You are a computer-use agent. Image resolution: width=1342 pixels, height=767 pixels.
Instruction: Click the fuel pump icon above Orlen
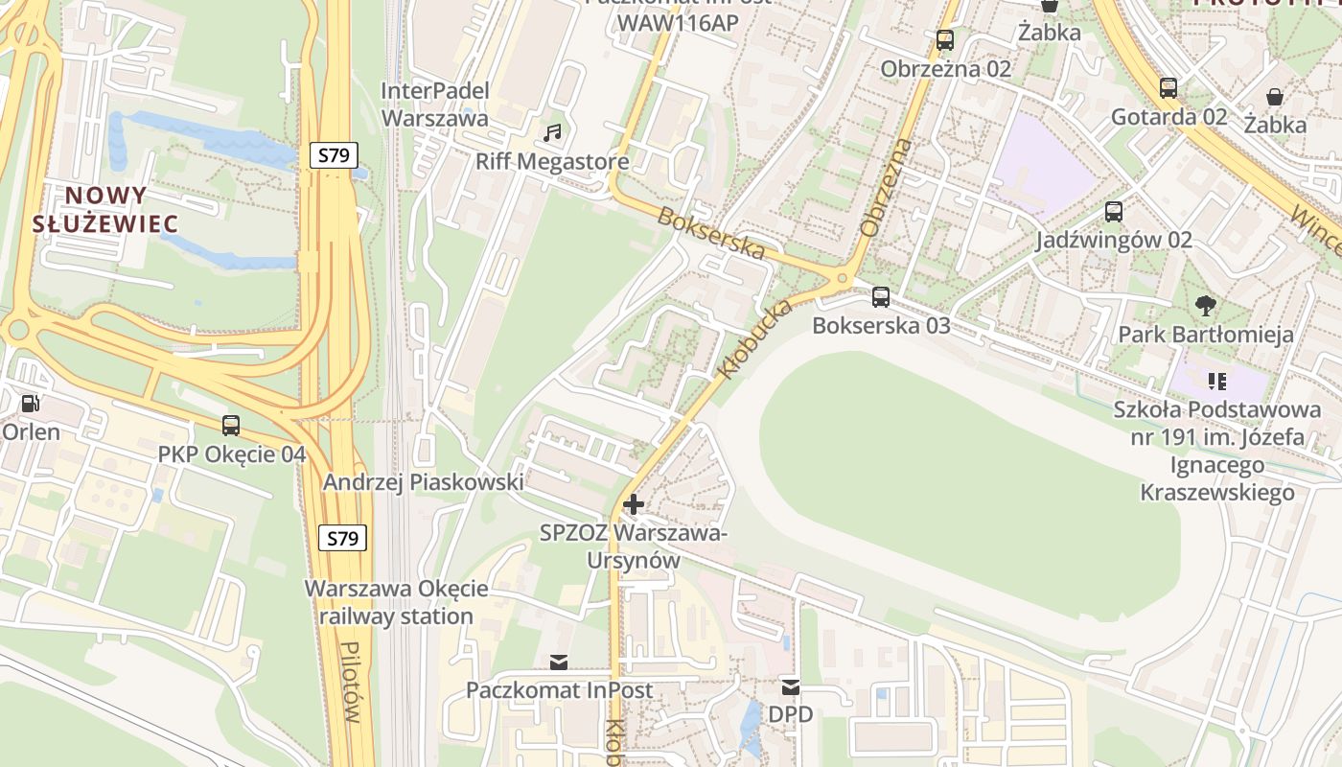coord(31,405)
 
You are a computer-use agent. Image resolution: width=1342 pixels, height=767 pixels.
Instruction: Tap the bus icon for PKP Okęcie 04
coord(231,426)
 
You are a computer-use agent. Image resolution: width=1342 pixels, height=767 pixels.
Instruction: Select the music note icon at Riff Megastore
coord(552,133)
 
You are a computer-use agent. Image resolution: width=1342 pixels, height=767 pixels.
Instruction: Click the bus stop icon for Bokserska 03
coord(881,297)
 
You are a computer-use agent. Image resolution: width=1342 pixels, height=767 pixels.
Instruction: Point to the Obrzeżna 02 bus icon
coord(945,40)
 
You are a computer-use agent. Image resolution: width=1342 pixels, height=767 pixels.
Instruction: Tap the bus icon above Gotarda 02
coord(1168,88)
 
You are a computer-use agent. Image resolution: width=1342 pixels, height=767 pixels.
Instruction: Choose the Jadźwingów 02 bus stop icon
coord(1114,212)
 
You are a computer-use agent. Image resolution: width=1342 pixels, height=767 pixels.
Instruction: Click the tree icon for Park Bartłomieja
coord(1206,307)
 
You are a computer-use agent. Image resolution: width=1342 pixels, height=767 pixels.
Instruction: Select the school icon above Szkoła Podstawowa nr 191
coord(1217,382)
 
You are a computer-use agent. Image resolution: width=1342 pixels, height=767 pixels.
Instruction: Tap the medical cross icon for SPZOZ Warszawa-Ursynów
coord(633,504)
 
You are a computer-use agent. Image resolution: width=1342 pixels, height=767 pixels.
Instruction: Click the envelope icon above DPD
coord(790,686)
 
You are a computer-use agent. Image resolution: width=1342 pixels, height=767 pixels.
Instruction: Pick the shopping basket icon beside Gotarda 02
coord(1275,97)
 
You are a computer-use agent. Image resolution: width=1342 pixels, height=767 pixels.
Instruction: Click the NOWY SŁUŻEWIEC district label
coord(105,210)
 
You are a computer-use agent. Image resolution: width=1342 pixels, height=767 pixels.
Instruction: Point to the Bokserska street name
coord(711,233)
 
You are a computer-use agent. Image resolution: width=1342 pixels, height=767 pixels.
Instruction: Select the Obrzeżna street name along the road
coord(887,188)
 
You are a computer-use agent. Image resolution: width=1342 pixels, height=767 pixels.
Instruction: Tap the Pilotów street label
coord(354,682)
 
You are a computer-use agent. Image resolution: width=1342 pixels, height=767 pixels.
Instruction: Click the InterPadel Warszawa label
coord(435,105)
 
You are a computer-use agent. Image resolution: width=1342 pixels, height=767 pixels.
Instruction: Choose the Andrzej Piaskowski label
coord(423,482)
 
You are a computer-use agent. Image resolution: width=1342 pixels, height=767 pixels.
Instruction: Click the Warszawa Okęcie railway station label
coord(396,602)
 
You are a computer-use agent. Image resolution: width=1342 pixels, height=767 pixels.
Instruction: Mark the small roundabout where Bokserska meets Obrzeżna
coord(844,279)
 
